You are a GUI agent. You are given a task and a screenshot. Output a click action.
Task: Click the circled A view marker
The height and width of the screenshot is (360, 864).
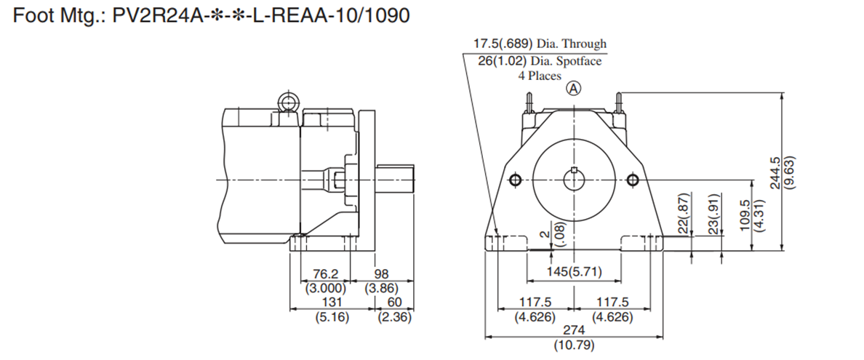pyautogui.click(x=574, y=88)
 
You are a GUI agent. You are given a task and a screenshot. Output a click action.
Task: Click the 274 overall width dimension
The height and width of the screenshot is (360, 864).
pyautogui.click(x=574, y=329)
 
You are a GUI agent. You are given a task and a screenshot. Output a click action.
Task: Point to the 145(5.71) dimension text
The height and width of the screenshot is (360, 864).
pyautogui.click(x=574, y=272)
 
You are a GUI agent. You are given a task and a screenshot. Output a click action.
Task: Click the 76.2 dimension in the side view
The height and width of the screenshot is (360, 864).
pyautogui.click(x=325, y=274)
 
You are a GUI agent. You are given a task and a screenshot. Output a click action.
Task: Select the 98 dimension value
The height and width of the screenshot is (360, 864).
pyautogui.click(x=381, y=274)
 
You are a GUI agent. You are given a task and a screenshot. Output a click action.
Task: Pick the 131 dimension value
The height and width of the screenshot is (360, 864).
pyautogui.click(x=332, y=302)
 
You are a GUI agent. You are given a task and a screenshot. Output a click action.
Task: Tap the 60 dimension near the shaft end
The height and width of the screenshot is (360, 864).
pyautogui.click(x=395, y=302)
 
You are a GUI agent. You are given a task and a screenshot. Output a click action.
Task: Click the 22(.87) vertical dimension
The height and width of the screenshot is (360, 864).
pyautogui.click(x=685, y=213)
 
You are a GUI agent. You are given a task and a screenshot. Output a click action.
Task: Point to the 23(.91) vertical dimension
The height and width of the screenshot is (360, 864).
pyautogui.click(x=715, y=213)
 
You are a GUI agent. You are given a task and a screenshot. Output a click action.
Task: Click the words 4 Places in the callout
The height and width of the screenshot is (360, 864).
pyautogui.click(x=540, y=76)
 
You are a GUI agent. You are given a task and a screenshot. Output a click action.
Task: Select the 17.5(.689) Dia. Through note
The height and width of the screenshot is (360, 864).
pyautogui.click(x=540, y=44)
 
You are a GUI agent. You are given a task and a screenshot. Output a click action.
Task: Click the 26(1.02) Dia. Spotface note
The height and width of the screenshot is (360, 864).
pyautogui.click(x=540, y=60)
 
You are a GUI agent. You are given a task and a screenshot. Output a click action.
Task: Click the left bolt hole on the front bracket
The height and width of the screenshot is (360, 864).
pyautogui.click(x=515, y=180)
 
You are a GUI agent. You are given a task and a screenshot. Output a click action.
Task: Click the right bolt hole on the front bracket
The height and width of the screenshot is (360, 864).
pyautogui.click(x=633, y=180)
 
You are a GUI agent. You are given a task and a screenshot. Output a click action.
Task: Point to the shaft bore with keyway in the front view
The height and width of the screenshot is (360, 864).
pyautogui.click(x=574, y=180)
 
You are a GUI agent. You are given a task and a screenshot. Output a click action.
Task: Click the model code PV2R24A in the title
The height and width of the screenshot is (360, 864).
pyautogui.click(x=156, y=15)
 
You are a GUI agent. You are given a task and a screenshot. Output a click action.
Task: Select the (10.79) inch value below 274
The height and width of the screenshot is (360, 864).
pyautogui.click(x=574, y=346)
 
